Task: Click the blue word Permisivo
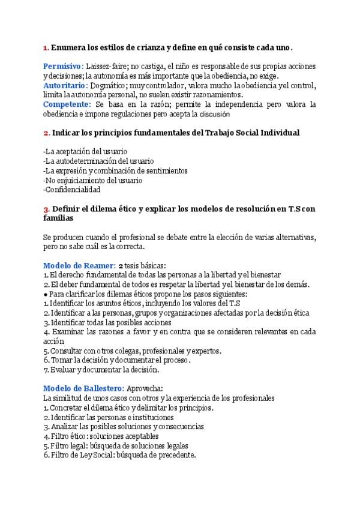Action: click(x=62, y=65)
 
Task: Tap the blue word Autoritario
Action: click(x=63, y=85)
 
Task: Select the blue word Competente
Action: click(x=67, y=104)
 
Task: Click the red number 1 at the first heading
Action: click(x=46, y=47)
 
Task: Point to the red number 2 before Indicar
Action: click(x=46, y=132)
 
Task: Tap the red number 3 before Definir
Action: click(x=46, y=208)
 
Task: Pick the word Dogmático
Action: click(x=111, y=85)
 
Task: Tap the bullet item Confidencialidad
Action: click(x=73, y=189)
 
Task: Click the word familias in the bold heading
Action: click(x=58, y=218)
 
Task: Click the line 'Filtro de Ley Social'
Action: click(x=120, y=456)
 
